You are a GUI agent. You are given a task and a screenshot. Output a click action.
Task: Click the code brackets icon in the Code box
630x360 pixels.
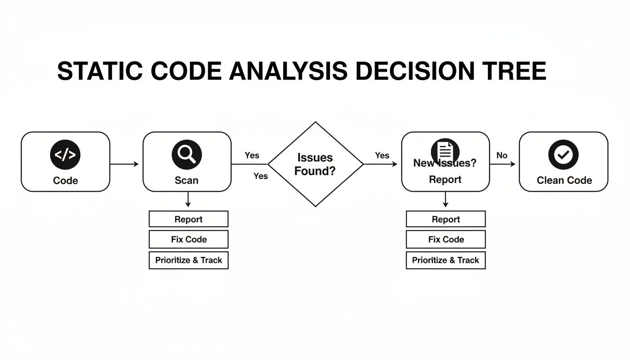[x=65, y=154]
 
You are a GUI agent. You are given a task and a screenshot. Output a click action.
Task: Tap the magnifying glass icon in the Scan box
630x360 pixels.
[x=187, y=154]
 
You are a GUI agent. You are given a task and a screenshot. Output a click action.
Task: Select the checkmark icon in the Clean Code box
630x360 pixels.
[x=563, y=154]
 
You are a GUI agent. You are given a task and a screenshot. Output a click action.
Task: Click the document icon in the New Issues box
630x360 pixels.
[x=445, y=151]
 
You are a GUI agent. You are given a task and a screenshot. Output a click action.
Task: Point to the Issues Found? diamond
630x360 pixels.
[x=315, y=164]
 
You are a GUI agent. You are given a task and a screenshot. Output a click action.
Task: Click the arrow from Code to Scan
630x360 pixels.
[x=124, y=164]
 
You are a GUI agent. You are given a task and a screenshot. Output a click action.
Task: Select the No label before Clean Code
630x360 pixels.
[x=502, y=156]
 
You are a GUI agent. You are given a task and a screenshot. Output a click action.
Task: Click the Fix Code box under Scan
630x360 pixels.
[x=188, y=240]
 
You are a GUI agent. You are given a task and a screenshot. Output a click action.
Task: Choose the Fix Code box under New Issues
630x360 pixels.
[x=446, y=240]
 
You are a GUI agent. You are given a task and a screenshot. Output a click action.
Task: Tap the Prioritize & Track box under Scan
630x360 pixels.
[x=188, y=260]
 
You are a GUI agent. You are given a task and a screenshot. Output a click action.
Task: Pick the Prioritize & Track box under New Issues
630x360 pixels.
[x=446, y=260]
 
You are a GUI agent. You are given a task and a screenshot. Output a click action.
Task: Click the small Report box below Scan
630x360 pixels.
[x=188, y=219]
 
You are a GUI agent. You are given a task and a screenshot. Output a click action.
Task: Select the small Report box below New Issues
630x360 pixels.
[x=446, y=219]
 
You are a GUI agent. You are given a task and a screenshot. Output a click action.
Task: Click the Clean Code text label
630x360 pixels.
[x=564, y=180]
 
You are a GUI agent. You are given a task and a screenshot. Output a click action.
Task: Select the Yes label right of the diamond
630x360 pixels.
[x=382, y=156]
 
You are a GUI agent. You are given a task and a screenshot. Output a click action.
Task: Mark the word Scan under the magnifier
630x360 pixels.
[x=187, y=180]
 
